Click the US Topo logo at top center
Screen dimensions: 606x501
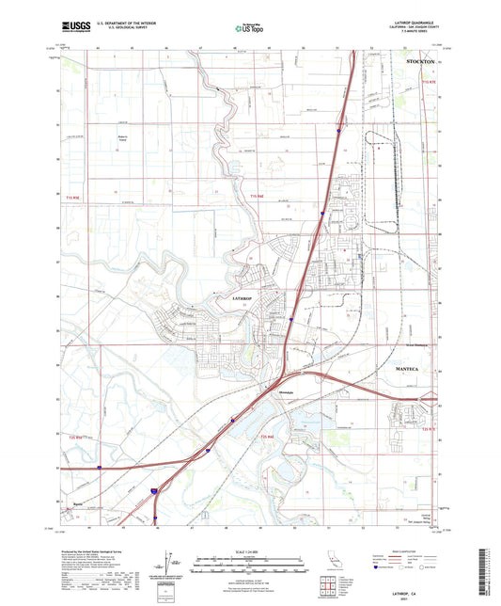coord(248,28)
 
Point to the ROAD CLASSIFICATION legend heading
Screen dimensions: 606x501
coord(405,550)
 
